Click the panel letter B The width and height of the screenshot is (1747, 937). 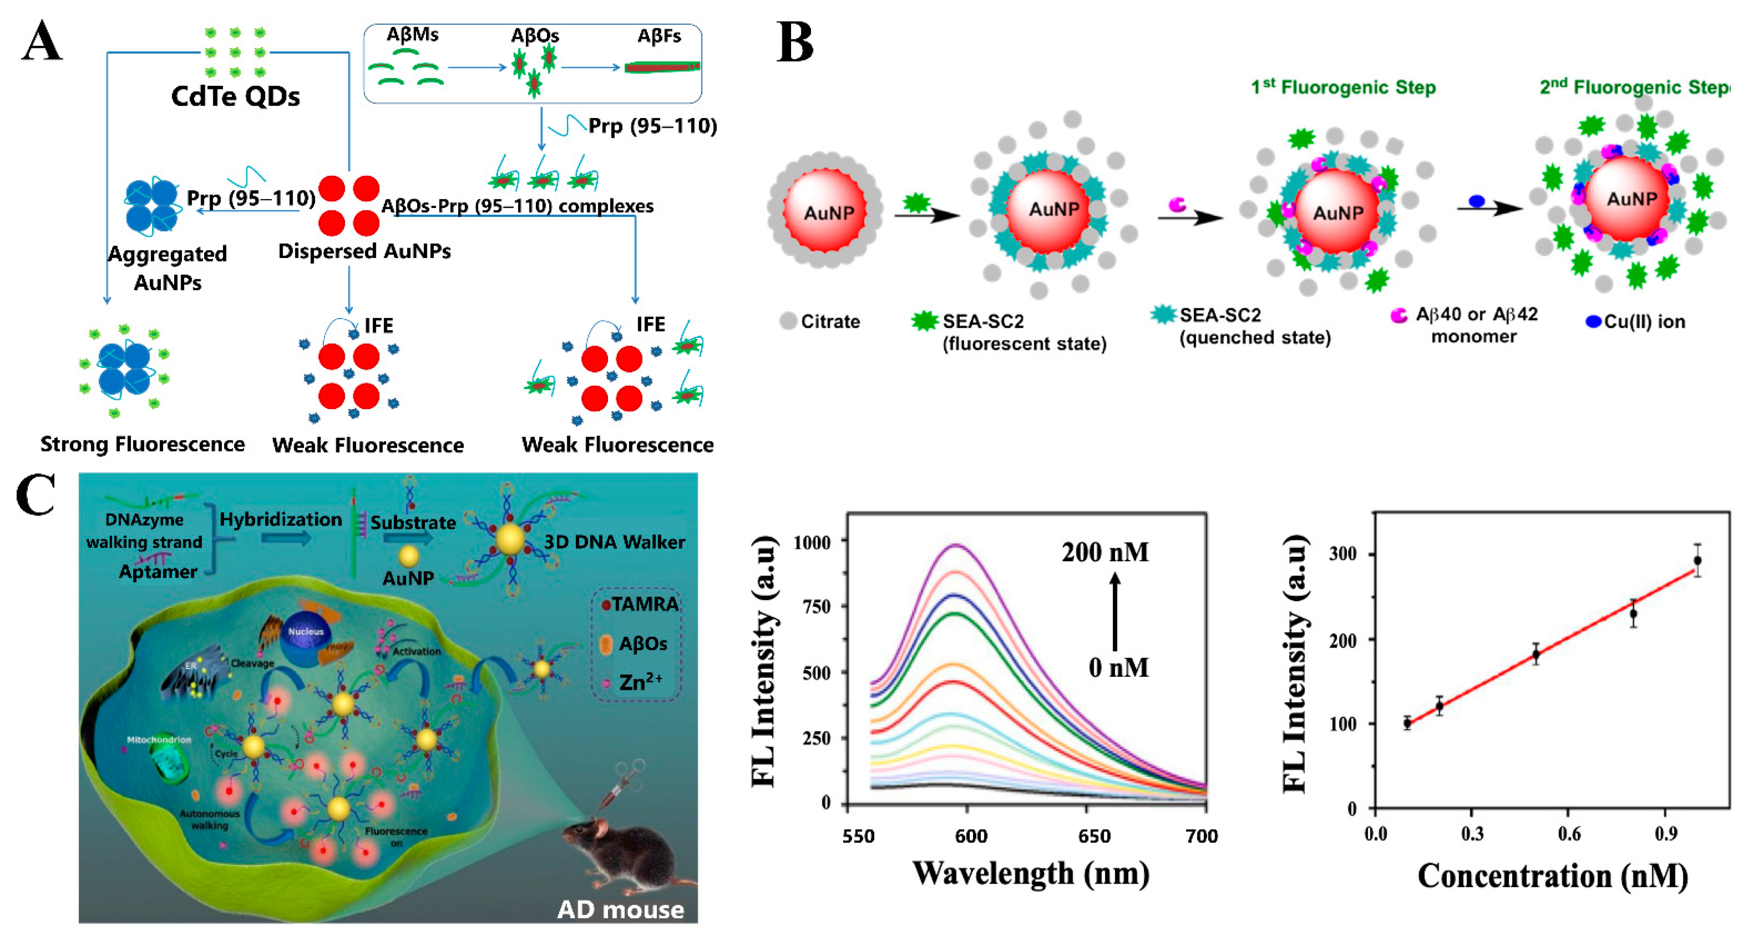794,42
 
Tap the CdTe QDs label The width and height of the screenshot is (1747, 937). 235,96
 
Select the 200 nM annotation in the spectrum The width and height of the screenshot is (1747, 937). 1105,552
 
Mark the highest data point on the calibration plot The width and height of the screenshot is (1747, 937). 1697,560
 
